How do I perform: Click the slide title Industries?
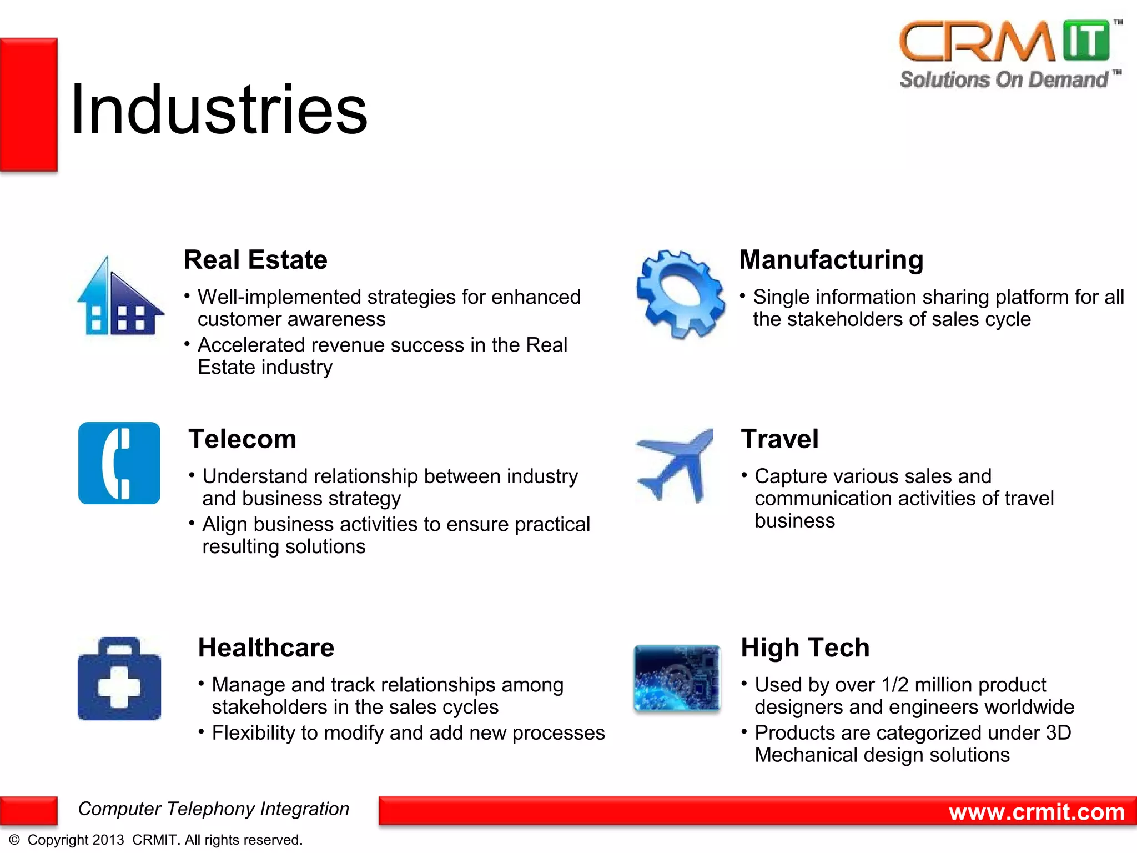coord(219,109)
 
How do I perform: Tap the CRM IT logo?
coord(1005,42)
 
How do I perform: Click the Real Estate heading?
coord(255,260)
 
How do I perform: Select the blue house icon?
coord(120,298)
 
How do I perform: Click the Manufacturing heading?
coord(831,260)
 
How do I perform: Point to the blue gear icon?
coord(680,294)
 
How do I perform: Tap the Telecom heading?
coord(242,439)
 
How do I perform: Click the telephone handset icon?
coord(119,463)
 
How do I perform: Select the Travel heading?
coord(779,439)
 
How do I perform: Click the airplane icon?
coord(675,464)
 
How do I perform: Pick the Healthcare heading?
coord(266,648)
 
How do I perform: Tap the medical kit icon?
coord(119,679)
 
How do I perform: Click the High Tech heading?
coord(805,648)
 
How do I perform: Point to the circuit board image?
coord(677,678)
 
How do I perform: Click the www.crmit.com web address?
coord(1037,812)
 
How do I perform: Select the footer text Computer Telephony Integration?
coord(214,809)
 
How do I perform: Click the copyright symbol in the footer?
coord(14,840)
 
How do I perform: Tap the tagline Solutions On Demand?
coord(1004,80)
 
